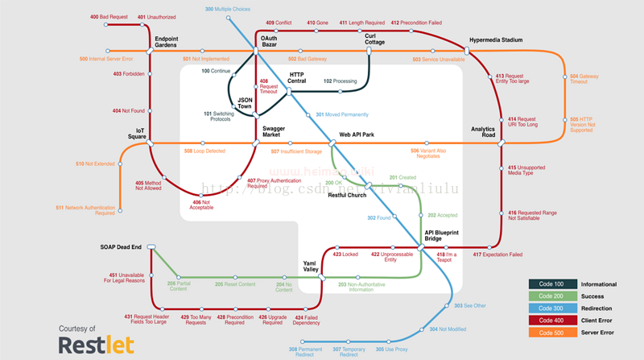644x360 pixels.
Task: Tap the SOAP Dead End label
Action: (x=121, y=246)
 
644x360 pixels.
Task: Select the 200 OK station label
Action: (x=333, y=184)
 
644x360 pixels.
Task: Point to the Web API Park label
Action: (x=357, y=134)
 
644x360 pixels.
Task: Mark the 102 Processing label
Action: (x=340, y=81)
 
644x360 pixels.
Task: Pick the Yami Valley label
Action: (x=311, y=267)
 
